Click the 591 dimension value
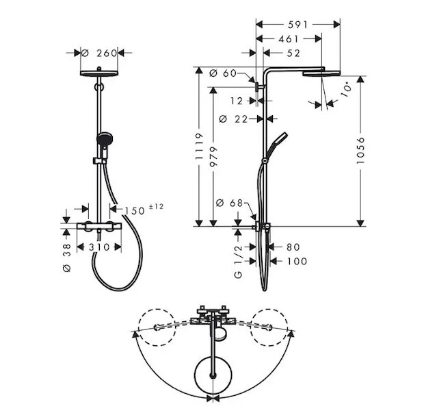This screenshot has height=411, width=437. click(x=297, y=25)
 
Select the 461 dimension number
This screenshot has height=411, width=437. click(x=289, y=39)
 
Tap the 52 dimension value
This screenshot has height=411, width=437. click(x=293, y=53)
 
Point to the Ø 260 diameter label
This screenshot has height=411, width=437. click(x=99, y=53)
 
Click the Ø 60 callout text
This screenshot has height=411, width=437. click(x=223, y=73)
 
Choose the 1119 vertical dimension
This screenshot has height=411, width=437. click(x=199, y=147)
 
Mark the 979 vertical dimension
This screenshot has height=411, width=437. click(x=213, y=157)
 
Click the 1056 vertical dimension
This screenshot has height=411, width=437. click(x=360, y=150)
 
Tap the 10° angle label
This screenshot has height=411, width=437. click(x=346, y=89)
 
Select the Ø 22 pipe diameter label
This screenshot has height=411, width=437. click(x=234, y=119)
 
